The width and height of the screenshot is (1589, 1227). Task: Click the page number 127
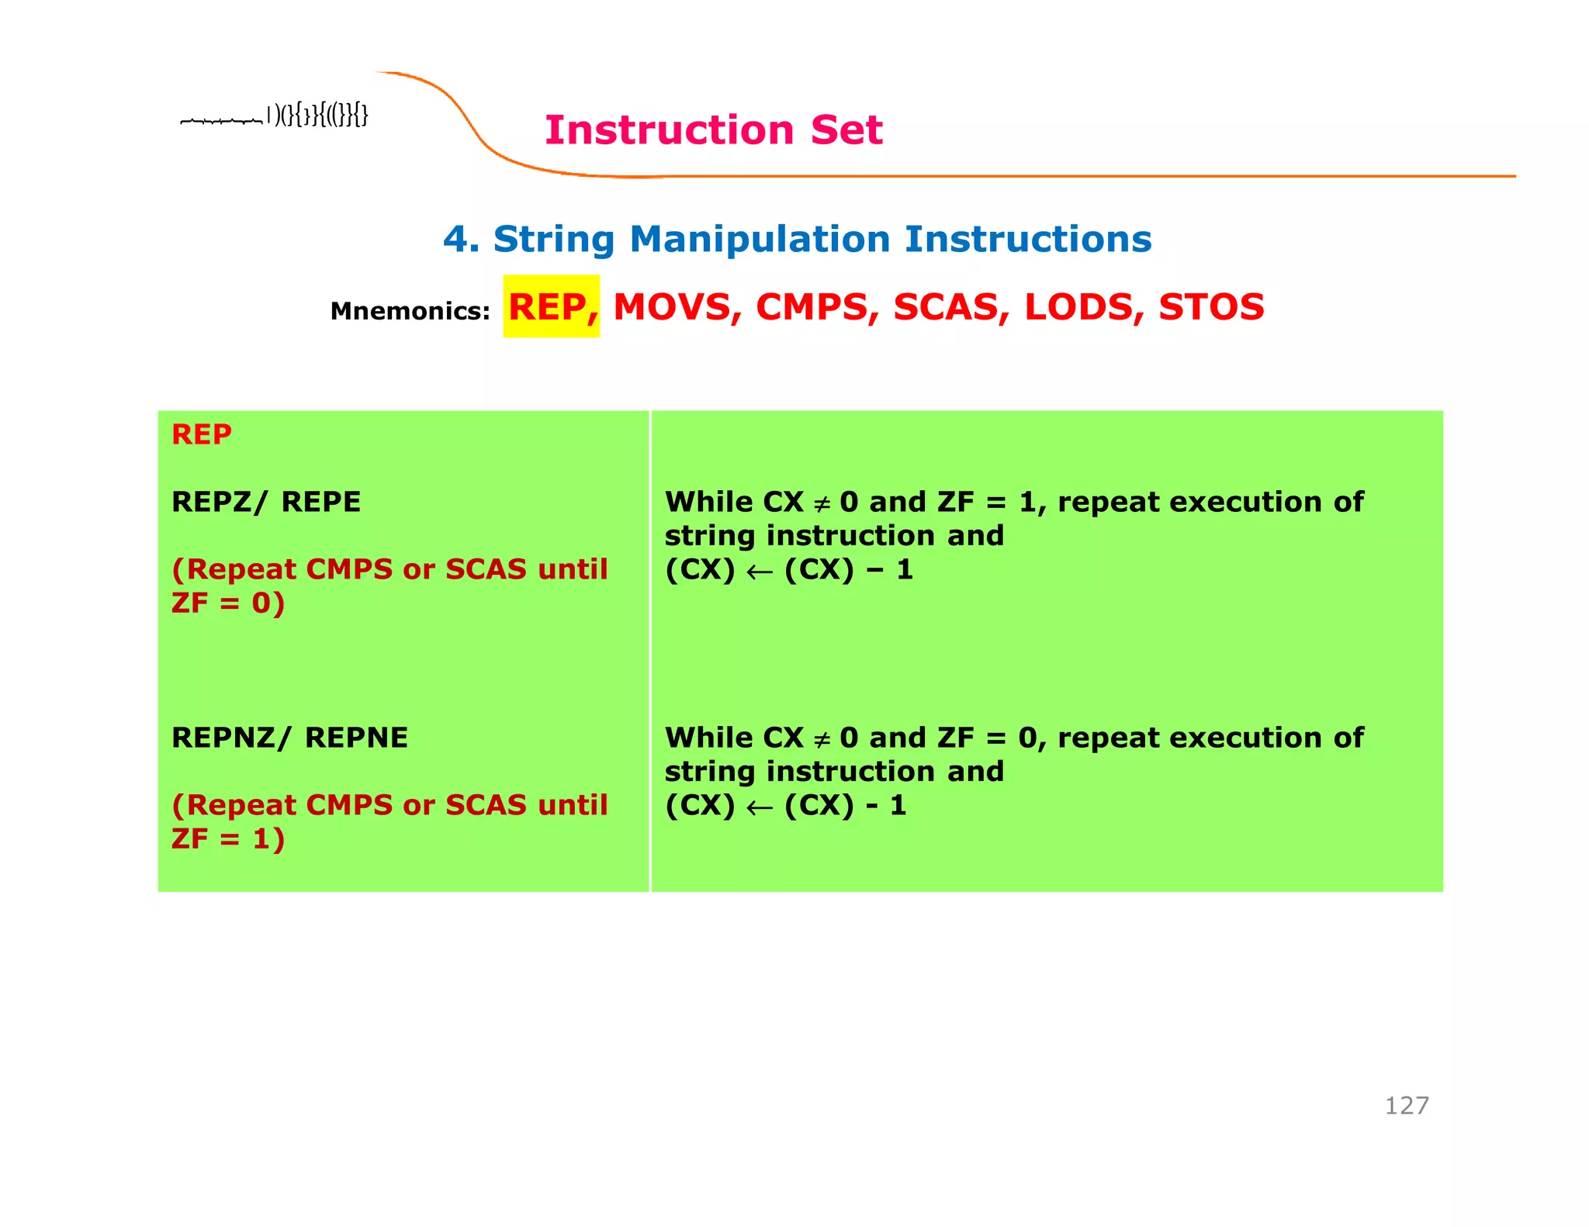tap(1406, 1105)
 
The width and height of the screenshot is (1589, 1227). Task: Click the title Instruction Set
tap(713, 130)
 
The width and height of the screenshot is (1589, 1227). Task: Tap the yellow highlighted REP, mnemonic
tap(552, 306)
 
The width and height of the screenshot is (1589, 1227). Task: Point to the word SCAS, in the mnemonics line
tap(950, 307)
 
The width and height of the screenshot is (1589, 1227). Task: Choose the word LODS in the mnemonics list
tap(1084, 307)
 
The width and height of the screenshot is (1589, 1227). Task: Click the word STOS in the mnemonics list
tap(1211, 307)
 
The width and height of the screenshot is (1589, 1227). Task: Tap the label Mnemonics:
tap(410, 311)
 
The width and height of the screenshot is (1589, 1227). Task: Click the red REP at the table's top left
tap(202, 434)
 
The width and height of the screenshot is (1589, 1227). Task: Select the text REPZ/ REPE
tap(266, 502)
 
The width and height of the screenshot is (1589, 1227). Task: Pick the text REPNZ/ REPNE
tap(289, 738)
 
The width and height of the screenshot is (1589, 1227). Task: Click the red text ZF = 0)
tap(228, 603)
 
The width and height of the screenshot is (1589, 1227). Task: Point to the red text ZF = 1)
tap(228, 839)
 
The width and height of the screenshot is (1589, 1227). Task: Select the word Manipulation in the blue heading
tap(760, 239)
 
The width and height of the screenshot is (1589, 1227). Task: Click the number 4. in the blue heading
tap(461, 239)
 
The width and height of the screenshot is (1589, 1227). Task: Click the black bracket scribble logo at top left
tap(274, 116)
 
